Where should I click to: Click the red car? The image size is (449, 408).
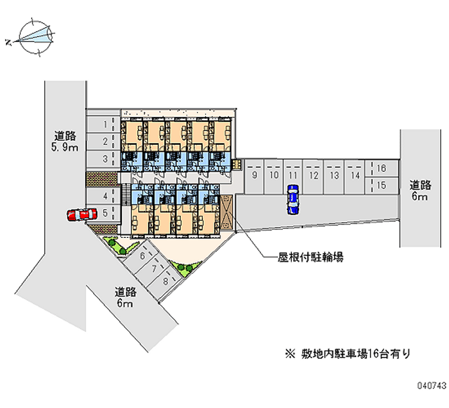tap(82, 215)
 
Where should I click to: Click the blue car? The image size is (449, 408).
tap(292, 200)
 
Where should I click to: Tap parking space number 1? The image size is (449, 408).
tap(103, 125)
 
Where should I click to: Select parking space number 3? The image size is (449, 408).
tap(103, 159)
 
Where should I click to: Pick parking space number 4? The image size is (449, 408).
tap(103, 196)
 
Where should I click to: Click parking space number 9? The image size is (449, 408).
tap(254, 176)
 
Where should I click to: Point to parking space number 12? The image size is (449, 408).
tap(313, 176)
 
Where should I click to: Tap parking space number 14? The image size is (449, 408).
tap(355, 176)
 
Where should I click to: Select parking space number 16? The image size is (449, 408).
tap(382, 168)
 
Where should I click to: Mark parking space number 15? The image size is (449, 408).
tap(382, 186)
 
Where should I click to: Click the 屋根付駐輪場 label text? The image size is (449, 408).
tap(311, 258)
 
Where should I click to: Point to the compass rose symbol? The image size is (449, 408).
tap(35, 37)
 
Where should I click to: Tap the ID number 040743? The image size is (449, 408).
tap(432, 386)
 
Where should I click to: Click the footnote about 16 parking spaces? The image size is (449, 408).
tap(347, 354)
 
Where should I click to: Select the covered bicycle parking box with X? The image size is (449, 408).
tap(227, 212)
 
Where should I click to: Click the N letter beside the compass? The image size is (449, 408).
tap(8, 43)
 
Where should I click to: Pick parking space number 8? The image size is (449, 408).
tap(166, 281)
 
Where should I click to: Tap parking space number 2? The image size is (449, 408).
tap(103, 141)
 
